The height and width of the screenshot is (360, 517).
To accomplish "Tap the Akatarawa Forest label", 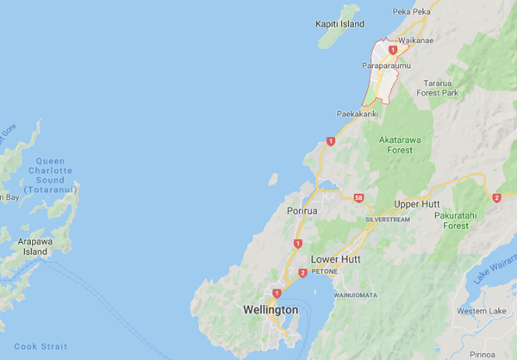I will [x=406, y=142].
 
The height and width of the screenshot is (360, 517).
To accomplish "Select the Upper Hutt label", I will [x=417, y=204].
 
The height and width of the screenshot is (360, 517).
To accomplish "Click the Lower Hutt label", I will [x=335, y=259].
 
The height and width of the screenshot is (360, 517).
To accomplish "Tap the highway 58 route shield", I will [x=358, y=198].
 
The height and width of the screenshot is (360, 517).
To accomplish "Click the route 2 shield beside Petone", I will [x=302, y=274].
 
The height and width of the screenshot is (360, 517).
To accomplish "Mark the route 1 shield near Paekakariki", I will [x=330, y=141].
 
